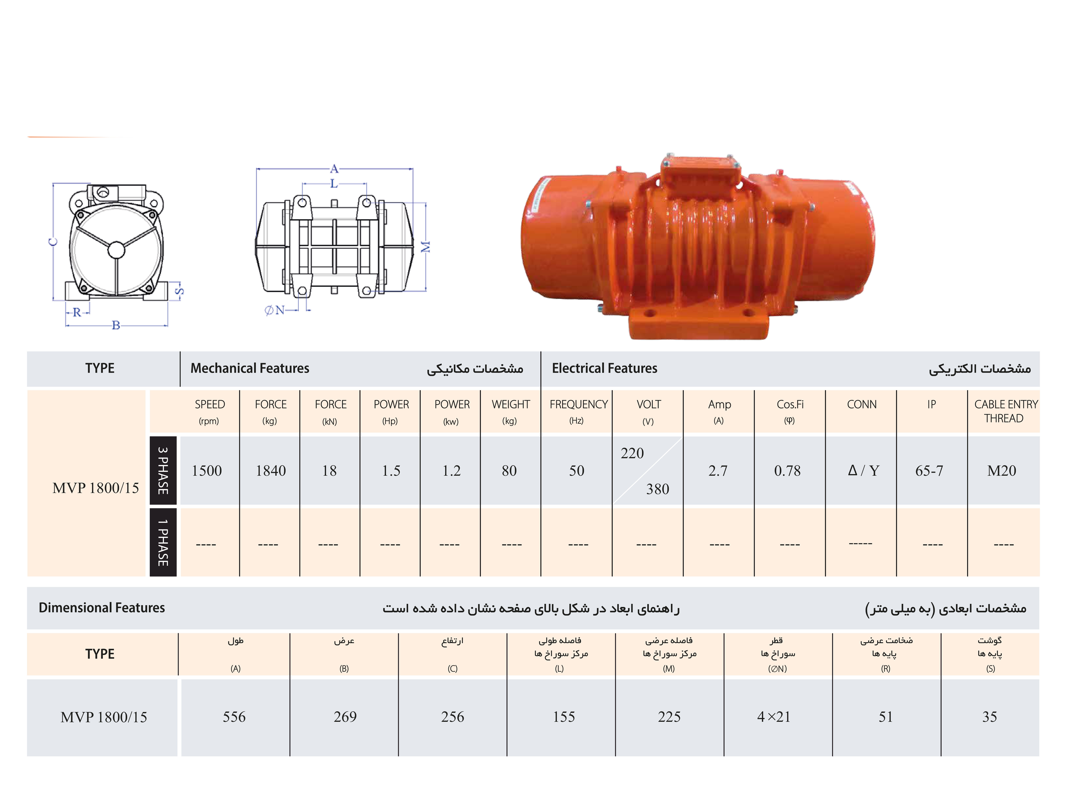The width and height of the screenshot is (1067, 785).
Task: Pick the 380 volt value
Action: [x=657, y=489]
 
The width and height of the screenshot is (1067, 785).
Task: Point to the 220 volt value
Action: [x=632, y=453]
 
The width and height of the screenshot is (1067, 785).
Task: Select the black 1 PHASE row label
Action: [x=163, y=542]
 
